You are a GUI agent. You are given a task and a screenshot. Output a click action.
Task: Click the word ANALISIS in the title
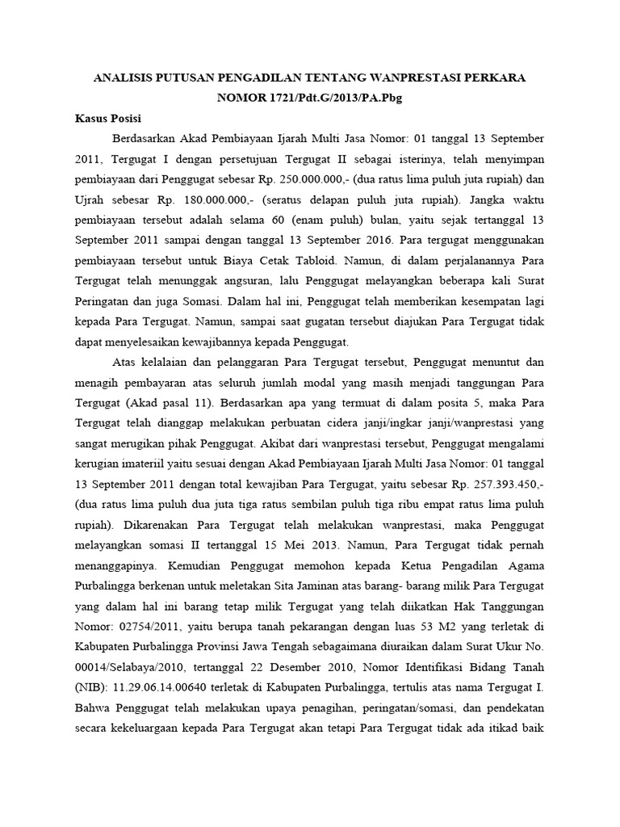(126, 78)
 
